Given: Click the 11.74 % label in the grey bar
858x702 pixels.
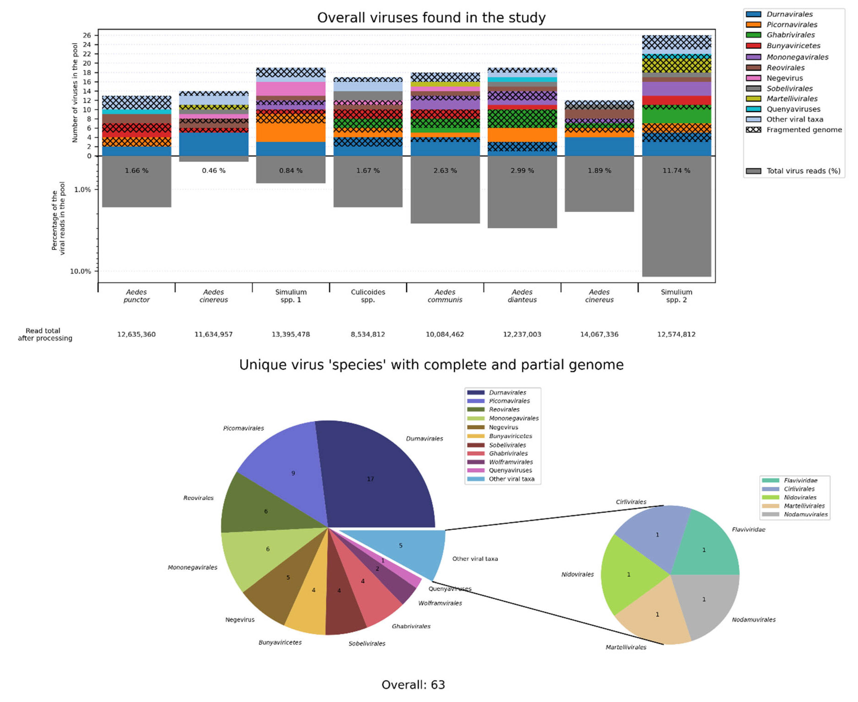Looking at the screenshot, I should pyautogui.click(x=676, y=171).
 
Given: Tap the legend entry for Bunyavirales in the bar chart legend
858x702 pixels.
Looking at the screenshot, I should pyautogui.click(x=793, y=46).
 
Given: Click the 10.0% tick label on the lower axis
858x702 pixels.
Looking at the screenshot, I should pyautogui.click(x=81, y=271).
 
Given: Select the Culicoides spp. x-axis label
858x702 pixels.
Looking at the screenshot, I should pyautogui.click(x=368, y=296).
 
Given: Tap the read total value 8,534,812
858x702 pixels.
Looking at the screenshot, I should pyautogui.click(x=368, y=334).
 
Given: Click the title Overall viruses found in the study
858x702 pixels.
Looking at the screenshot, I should pyautogui.click(x=431, y=18).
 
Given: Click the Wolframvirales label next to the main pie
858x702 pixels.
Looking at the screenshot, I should pyautogui.click(x=440, y=603).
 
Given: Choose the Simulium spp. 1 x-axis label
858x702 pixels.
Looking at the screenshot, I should pyautogui.click(x=291, y=296).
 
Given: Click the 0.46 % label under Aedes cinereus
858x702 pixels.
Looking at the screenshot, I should pyautogui.click(x=213, y=171).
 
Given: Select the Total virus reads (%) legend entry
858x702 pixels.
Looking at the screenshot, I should pyautogui.click(x=803, y=171).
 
